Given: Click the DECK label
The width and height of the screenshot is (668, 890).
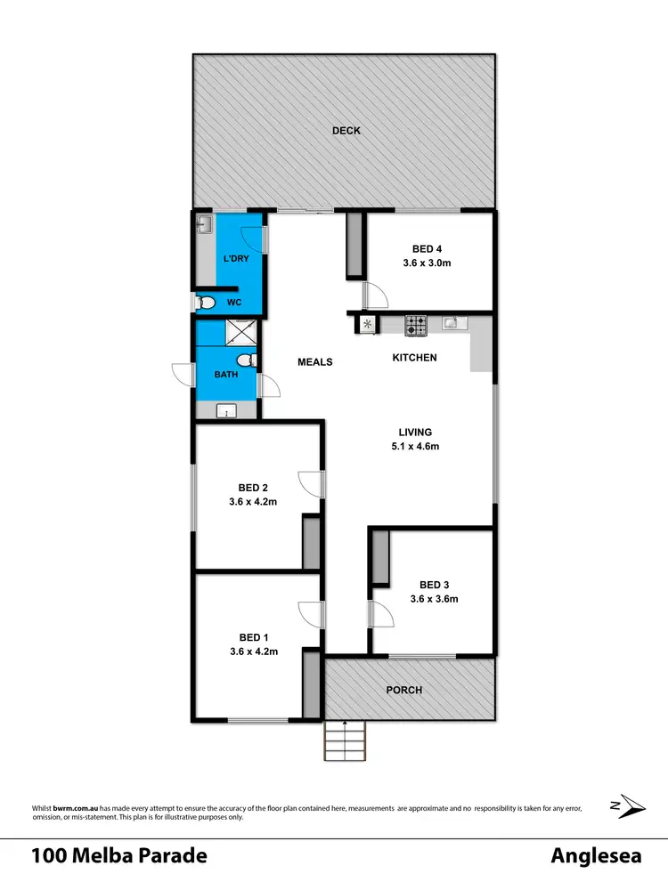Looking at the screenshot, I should point(346,131).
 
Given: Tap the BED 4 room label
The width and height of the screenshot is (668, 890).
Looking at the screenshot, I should point(428,249).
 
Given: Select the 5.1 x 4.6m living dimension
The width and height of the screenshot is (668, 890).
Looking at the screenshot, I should point(415,447).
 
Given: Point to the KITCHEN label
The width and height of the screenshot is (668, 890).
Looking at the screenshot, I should point(415,358).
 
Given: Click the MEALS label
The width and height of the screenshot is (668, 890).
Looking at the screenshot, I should point(314,362).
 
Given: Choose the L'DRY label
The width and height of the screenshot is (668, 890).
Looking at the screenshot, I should point(236,258).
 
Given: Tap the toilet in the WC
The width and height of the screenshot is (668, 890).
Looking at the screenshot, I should point(207,303).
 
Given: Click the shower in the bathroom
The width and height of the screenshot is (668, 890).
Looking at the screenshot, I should point(240,332).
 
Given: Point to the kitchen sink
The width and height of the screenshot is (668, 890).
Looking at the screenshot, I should point(451,323).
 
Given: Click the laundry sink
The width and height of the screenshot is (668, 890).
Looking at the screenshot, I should point(204,224).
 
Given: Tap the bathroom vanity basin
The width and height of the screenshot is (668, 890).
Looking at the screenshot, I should point(227,411).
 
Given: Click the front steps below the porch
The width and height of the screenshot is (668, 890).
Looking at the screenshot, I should point(345,740).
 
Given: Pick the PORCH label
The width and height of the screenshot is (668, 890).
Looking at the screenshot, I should point(403,690).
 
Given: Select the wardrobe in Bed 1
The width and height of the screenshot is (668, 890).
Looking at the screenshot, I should point(311,682).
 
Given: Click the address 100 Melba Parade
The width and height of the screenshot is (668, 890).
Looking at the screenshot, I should point(119,856).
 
